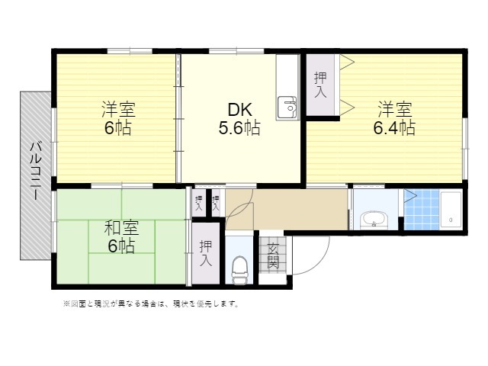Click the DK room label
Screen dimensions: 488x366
click(239, 110)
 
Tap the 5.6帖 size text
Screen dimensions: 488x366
click(239, 128)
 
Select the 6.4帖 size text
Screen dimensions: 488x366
click(394, 127)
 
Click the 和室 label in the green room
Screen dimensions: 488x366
click(121, 228)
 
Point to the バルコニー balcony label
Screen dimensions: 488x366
click(36, 171)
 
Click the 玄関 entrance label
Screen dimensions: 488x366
click(273, 255)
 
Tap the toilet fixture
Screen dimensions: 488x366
click(239, 269)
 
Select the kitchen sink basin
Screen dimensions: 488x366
click(287, 108)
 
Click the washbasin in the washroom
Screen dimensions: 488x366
click(374, 220)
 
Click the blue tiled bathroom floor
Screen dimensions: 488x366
click(422, 210)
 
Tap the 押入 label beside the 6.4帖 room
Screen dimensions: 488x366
click(320, 85)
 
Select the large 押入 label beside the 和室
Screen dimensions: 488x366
click(206, 253)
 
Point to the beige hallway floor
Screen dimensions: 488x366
click(287, 210)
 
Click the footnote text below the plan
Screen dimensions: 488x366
click(151, 303)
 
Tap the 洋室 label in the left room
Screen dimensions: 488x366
click(118, 109)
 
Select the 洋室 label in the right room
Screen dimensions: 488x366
click(395, 109)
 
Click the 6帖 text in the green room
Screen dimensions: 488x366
click(121, 246)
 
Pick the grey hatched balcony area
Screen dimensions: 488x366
click(36, 175)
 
